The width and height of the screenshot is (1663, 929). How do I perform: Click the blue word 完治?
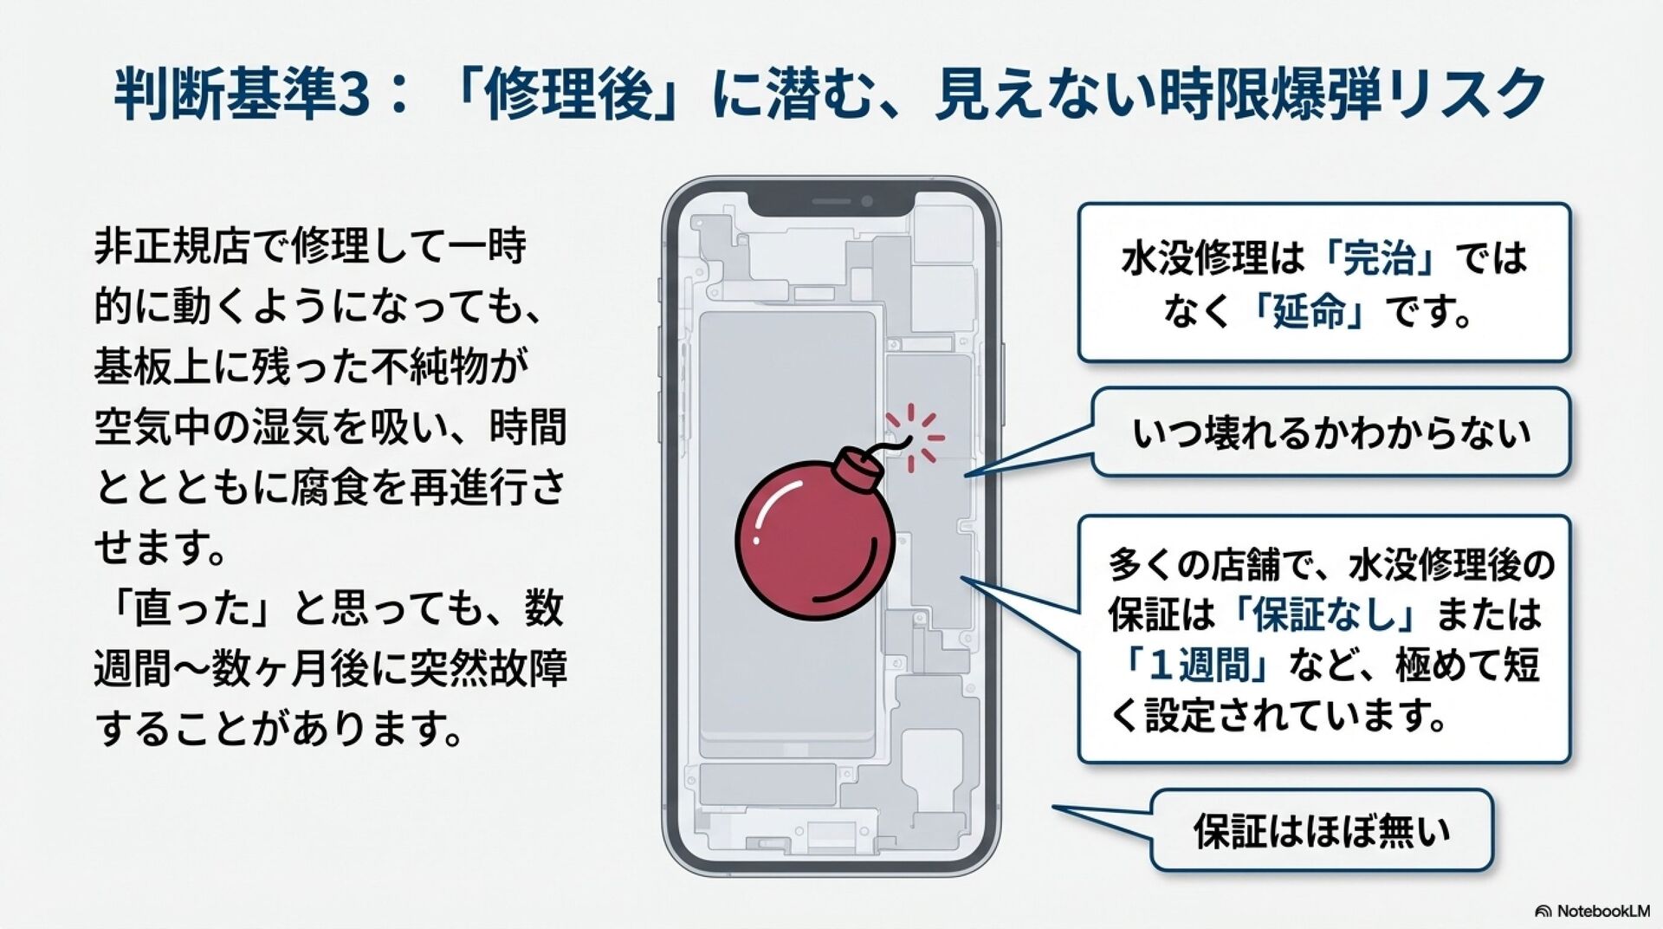[x=1381, y=257]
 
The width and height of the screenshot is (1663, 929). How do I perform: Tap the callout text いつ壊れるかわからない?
[x=1331, y=432]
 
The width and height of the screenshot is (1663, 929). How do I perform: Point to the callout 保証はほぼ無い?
[x=1322, y=830]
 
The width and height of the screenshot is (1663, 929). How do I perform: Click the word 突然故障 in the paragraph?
[x=488, y=669]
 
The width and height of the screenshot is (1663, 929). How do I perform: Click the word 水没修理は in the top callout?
[x=1213, y=257]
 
